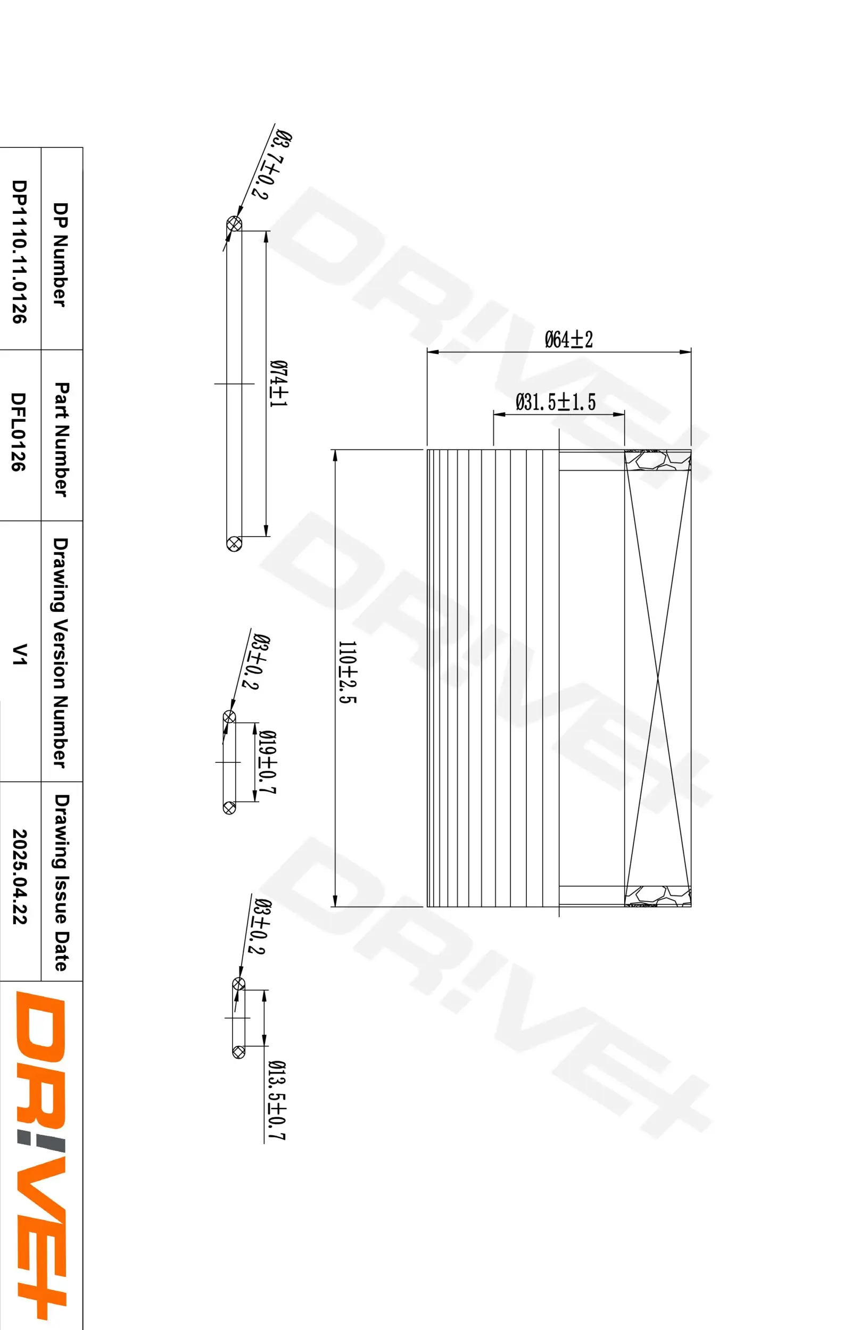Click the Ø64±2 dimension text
coord(568,340)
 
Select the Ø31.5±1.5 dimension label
coord(556,402)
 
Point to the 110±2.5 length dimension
coord(346,672)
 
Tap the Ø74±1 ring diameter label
coord(278,384)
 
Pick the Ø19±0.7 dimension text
coord(267,762)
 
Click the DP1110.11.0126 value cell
coord(20,252)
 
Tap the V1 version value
coord(20,654)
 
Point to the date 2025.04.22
coord(20,876)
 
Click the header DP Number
coord(60,254)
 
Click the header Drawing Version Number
coord(60,653)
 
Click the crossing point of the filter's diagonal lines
coord(658,678)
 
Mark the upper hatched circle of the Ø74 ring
coord(234,225)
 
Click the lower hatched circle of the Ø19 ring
coord(229,807)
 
